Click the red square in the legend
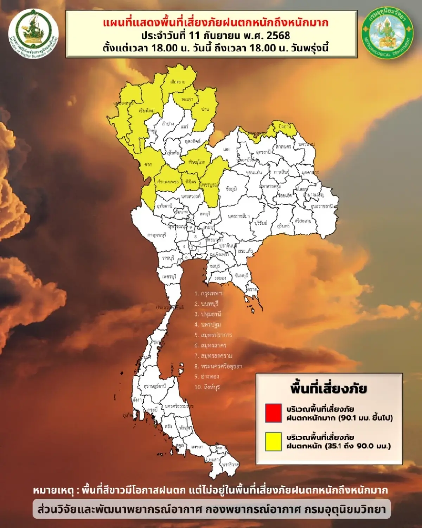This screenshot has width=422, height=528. click(273, 413)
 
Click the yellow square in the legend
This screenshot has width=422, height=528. click(273, 441)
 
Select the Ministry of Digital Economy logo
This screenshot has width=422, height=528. click(33, 33)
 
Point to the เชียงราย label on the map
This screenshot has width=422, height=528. click(178, 82)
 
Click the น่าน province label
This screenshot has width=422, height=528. click(205, 109)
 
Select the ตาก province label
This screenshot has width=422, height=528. click(148, 164)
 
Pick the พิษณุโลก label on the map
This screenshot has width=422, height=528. click(197, 162)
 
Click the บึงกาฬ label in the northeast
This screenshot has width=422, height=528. click(284, 126)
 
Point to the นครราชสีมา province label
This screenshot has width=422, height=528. click(239, 216)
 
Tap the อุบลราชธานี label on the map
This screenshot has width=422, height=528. click(321, 207)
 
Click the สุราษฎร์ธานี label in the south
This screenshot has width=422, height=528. click(155, 386)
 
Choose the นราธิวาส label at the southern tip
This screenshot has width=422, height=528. click(230, 464)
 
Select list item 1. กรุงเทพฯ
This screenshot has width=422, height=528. click(208, 293)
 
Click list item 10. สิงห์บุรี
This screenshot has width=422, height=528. click(207, 387)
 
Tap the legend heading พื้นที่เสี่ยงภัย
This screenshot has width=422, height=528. click(328, 389)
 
